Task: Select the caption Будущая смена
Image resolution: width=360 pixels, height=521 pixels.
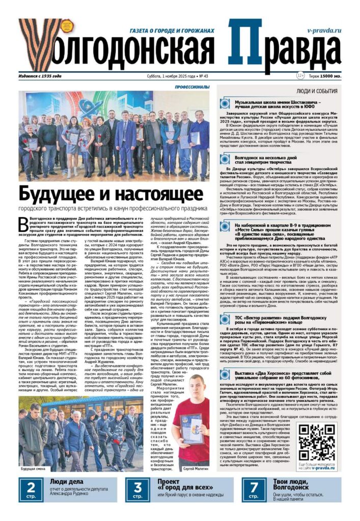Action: point(34,468)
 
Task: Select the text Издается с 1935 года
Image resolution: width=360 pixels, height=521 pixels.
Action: point(40,76)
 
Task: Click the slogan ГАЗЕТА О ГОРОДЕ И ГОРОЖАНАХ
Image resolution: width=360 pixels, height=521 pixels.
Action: point(173,31)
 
